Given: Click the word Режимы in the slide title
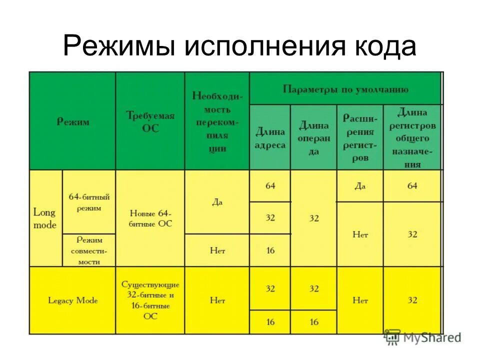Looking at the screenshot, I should [x=119, y=46].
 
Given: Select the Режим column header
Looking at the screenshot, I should [x=72, y=121].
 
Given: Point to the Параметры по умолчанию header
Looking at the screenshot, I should [x=345, y=90].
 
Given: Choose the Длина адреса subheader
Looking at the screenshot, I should [x=270, y=138].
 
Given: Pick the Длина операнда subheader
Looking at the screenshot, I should [x=313, y=138].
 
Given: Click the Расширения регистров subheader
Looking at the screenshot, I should [x=360, y=138].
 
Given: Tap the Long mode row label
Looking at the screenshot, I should [x=45, y=218].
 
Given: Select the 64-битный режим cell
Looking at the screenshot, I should [x=89, y=201].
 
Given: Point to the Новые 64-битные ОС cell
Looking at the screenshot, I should [x=150, y=218].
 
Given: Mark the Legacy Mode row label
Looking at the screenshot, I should [x=72, y=300].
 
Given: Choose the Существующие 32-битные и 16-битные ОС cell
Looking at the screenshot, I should [x=150, y=300].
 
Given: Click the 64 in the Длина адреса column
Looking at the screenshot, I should [x=270, y=185].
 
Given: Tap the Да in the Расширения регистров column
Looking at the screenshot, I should [x=360, y=185].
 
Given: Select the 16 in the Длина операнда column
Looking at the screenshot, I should [x=313, y=322].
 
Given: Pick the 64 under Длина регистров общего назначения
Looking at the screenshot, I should [x=412, y=185].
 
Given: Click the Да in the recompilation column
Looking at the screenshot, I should [x=217, y=202].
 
